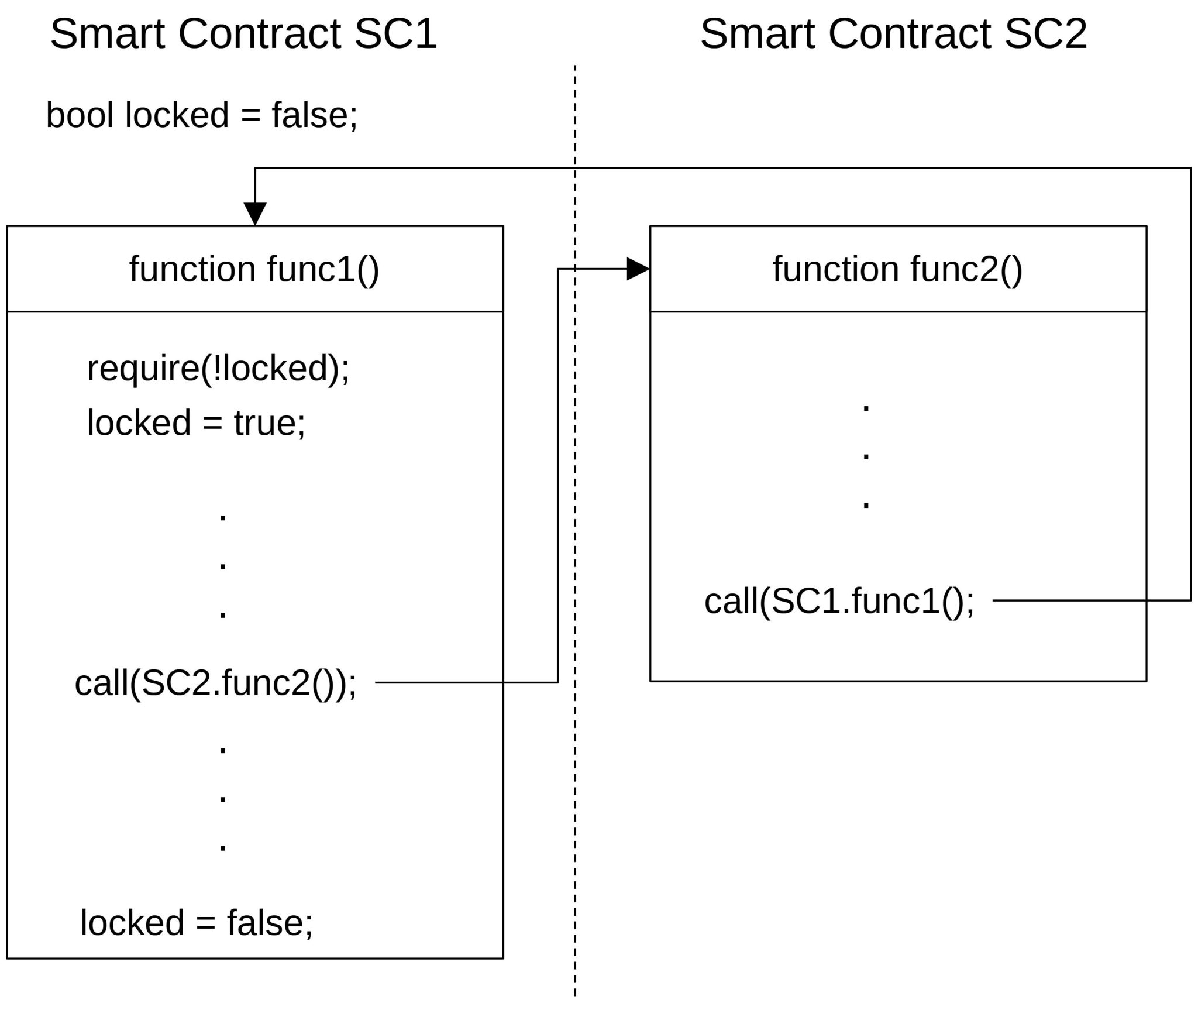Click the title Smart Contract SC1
243,34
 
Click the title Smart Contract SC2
893,34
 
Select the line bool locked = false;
202,115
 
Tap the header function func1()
254,269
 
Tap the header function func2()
897,269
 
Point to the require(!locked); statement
218,369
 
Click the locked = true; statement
196,422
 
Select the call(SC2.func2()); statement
215,683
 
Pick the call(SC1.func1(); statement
839,601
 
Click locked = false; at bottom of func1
197,923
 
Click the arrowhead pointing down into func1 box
255,214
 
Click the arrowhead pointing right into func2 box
638,269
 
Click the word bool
80,115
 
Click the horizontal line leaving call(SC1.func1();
1088,600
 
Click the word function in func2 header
835,269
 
